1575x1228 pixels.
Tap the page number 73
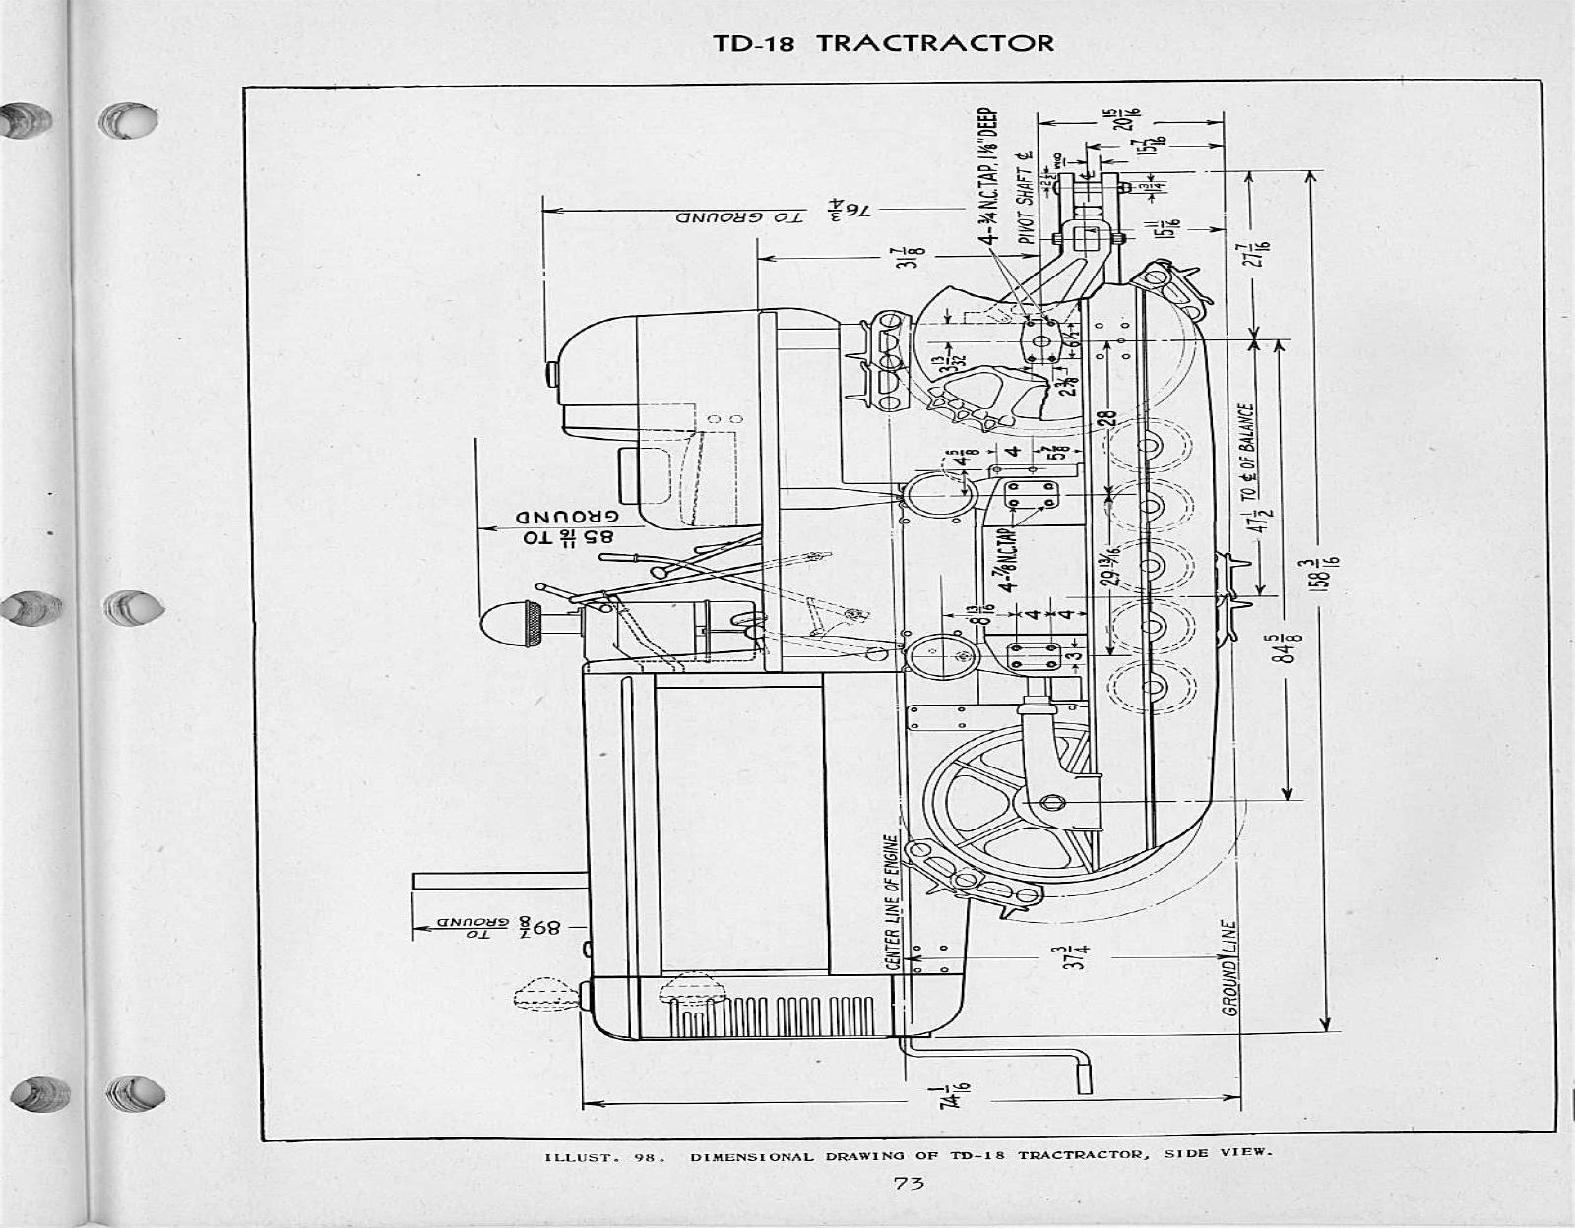[x=909, y=1184]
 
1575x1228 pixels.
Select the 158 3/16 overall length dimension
[x=1332, y=576]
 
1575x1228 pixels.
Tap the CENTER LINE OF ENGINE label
[x=891, y=902]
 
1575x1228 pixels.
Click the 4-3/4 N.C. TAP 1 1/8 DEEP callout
[x=993, y=172]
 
